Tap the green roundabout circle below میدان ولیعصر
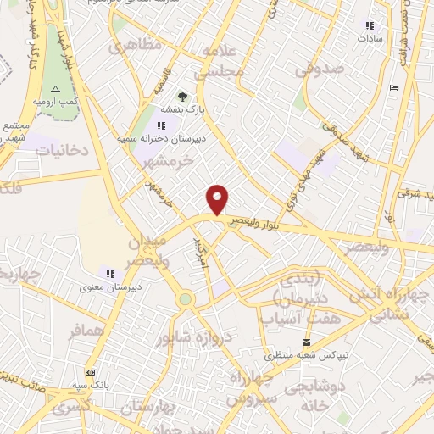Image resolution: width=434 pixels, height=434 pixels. [x=186, y=298]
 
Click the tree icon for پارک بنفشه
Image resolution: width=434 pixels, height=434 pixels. [x=182, y=97]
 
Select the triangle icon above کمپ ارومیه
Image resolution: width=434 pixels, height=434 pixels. [x=56, y=89]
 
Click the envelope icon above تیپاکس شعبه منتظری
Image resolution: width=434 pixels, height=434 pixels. [x=295, y=342]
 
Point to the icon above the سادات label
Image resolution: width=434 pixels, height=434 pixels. [x=370, y=25]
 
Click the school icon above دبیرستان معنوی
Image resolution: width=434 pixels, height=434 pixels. [x=110, y=273]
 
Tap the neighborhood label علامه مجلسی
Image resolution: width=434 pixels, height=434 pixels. [x=223, y=64]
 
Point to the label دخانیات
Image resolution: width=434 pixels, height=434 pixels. [x=60, y=151]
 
